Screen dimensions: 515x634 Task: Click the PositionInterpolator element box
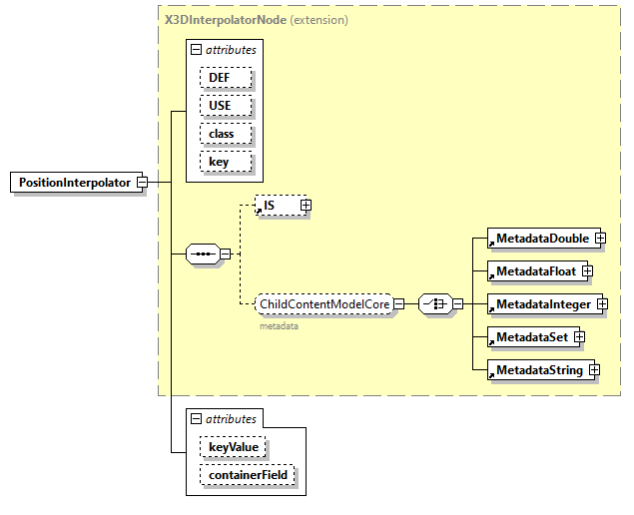pyautogui.click(x=74, y=183)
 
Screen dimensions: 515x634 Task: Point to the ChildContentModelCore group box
pyautogui.click(x=323, y=303)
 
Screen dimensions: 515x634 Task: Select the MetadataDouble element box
pyautogui.click(x=539, y=239)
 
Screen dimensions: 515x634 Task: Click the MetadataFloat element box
pyautogui.click(x=533, y=270)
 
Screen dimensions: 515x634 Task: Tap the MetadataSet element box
pyautogui.click(x=528, y=337)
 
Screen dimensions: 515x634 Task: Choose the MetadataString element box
pyautogui.click(x=536, y=370)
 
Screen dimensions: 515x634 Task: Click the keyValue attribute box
pyautogui.click(x=233, y=447)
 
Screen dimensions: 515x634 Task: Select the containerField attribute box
pyautogui.click(x=248, y=475)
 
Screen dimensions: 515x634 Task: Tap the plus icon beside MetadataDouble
pyautogui.click(x=601, y=239)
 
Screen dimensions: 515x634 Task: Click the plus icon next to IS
pyautogui.click(x=307, y=206)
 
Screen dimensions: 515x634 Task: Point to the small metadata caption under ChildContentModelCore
pyautogui.click(x=279, y=325)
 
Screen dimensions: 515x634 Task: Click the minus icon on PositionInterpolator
pyautogui.click(x=142, y=183)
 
